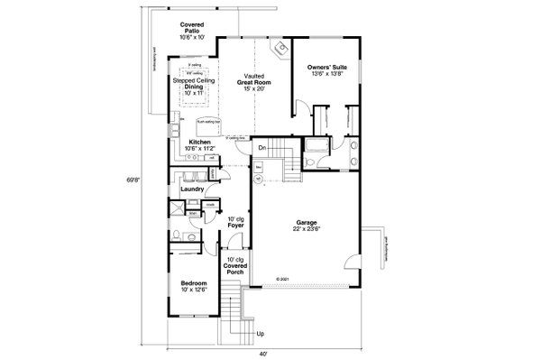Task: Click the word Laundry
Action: tap(190, 189)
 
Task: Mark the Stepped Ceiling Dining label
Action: tap(191, 86)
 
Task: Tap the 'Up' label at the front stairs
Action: tap(261, 335)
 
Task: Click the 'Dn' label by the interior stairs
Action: tap(261, 147)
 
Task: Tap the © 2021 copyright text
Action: tap(284, 280)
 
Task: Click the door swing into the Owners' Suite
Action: tap(307, 109)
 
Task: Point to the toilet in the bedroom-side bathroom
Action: tap(179, 235)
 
